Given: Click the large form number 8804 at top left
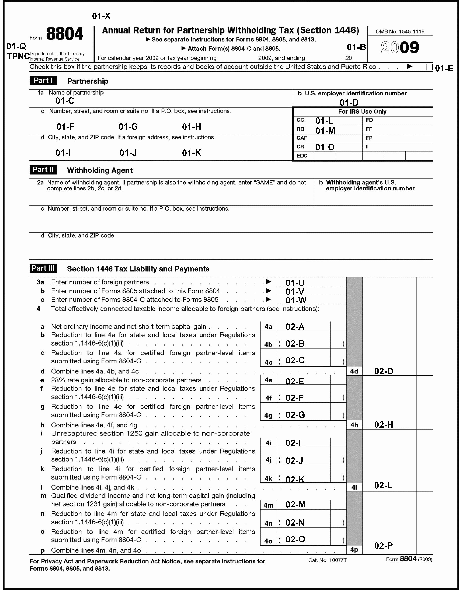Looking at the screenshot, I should [x=65, y=34].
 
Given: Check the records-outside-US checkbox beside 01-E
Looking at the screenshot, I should [x=429, y=67].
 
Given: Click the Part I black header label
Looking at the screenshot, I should [x=43, y=81].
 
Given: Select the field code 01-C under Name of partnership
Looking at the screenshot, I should [x=65, y=101].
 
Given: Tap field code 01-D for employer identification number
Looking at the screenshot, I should [x=349, y=102].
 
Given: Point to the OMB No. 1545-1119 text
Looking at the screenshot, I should [x=400, y=32].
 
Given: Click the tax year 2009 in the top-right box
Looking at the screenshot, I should [x=400, y=48].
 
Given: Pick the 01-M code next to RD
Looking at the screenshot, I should [x=325, y=131].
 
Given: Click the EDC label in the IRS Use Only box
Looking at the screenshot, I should [x=302, y=156].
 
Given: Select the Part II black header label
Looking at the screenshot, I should [x=43, y=170].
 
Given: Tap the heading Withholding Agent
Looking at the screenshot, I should [x=100, y=170].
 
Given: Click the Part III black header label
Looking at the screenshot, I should [x=43, y=268].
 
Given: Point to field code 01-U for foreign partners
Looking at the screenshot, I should [x=295, y=283].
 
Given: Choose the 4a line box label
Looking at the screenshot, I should [x=268, y=327].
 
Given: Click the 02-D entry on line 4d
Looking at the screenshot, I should [x=383, y=371].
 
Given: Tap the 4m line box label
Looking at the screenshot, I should [x=268, y=505].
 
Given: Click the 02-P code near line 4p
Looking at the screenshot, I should [x=383, y=546].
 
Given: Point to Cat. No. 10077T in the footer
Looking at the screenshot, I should [x=327, y=560].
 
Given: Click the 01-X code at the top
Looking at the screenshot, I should [x=101, y=16].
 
